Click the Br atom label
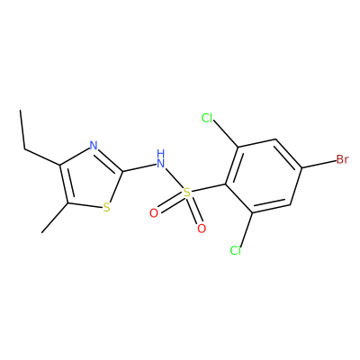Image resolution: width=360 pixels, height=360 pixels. [x=342, y=159]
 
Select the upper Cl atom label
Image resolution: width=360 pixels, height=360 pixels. [x=207, y=118]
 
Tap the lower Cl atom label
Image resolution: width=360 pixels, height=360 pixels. [x=236, y=250]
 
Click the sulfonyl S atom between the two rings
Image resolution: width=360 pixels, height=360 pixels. [x=187, y=193]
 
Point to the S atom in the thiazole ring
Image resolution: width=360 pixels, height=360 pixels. [x=106, y=207]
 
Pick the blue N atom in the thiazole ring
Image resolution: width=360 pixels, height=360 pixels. [x=94, y=146]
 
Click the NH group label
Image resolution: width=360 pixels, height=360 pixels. [x=161, y=158]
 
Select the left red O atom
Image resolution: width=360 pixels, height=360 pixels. [x=154, y=213]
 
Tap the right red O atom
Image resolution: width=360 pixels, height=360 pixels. [x=202, y=229]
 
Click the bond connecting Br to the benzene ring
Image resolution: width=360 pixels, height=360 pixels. [x=319, y=164]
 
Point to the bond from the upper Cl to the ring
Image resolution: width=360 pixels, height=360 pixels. [x=226, y=135]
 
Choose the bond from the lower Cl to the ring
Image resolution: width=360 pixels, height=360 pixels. [x=246, y=229]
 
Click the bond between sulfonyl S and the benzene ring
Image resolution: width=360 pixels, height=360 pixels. [x=208, y=188]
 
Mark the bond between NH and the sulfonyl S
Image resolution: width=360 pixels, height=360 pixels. [x=175, y=178]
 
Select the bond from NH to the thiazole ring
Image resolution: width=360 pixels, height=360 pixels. [x=139, y=167]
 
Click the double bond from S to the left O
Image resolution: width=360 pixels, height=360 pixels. [x=170, y=202]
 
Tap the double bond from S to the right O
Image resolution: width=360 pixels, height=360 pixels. [x=194, y=211]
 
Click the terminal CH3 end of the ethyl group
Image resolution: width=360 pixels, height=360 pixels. [x=21, y=110]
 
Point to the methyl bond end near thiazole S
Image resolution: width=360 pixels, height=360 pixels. [x=42, y=232]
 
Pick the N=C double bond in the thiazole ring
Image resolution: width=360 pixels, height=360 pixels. [x=109, y=160]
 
